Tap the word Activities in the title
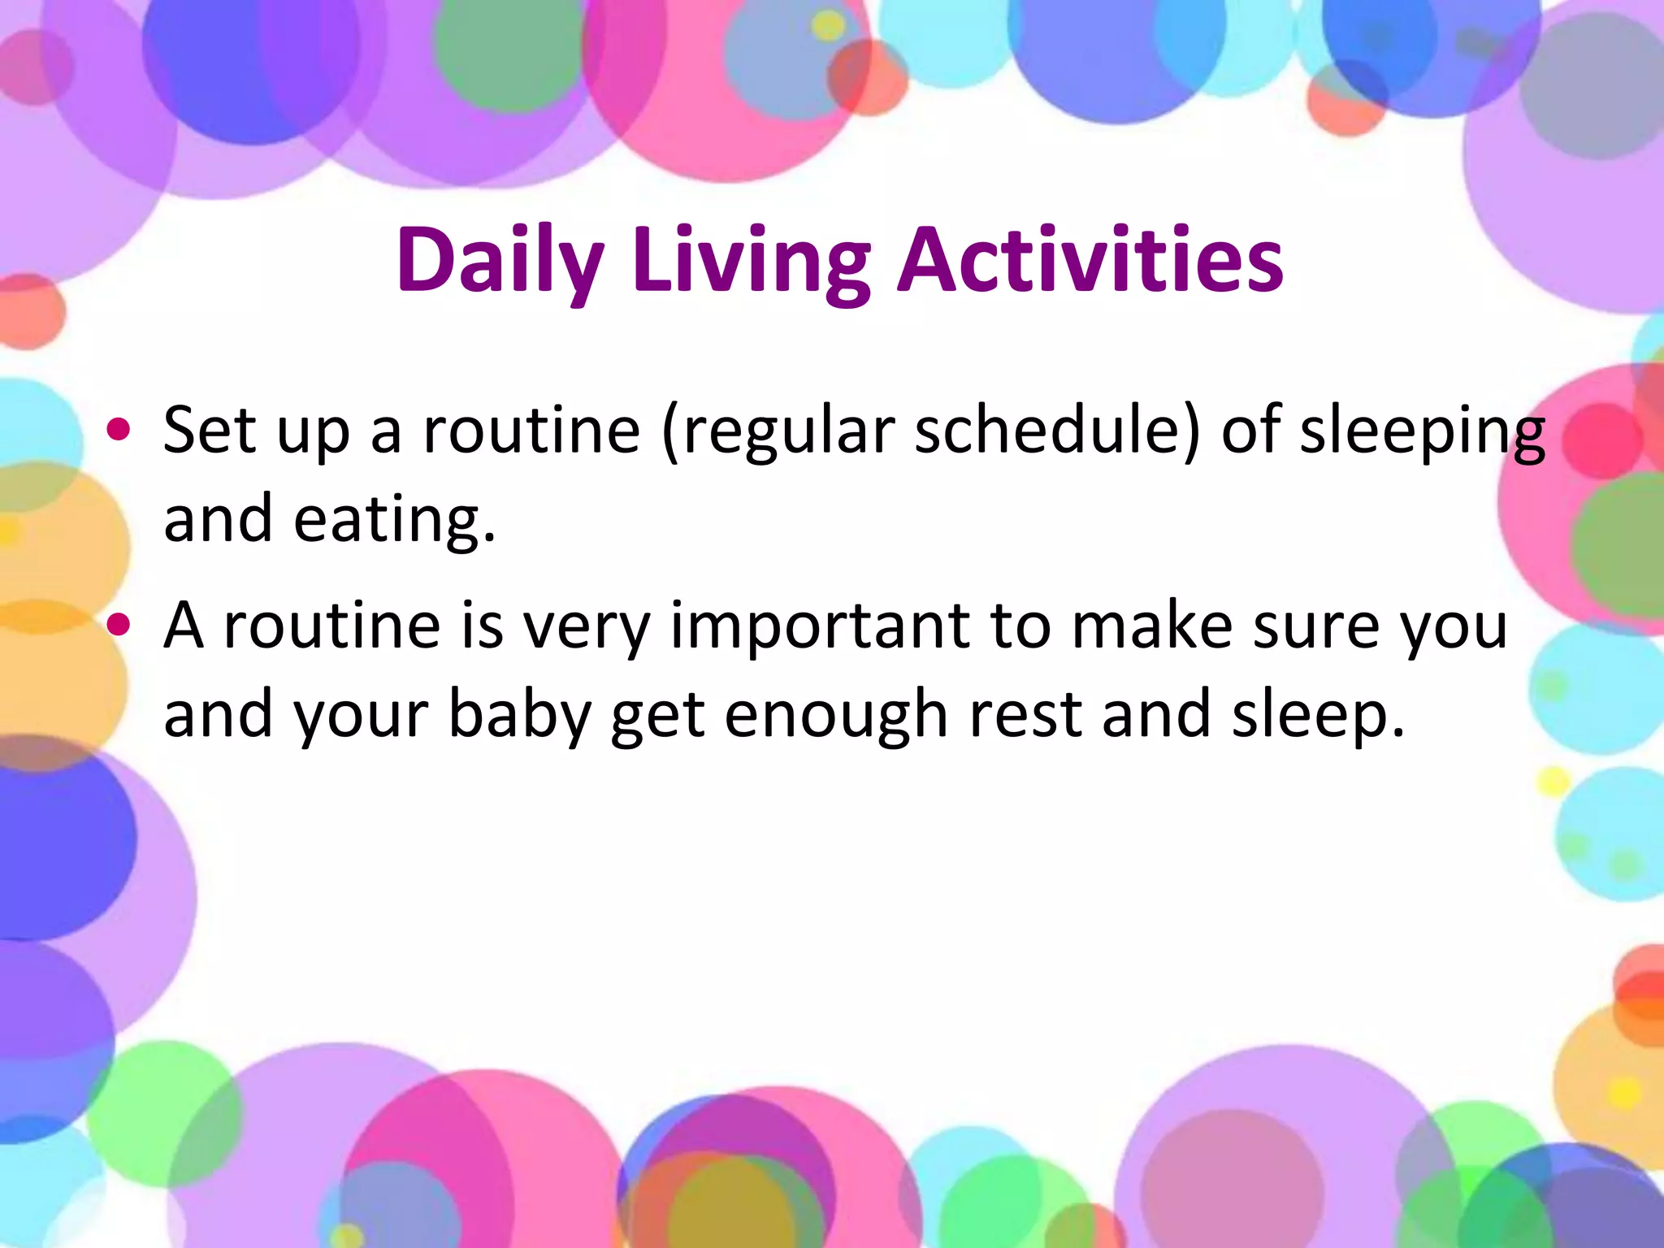(x=1090, y=258)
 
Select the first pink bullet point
(x=119, y=429)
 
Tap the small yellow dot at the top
(x=828, y=27)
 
